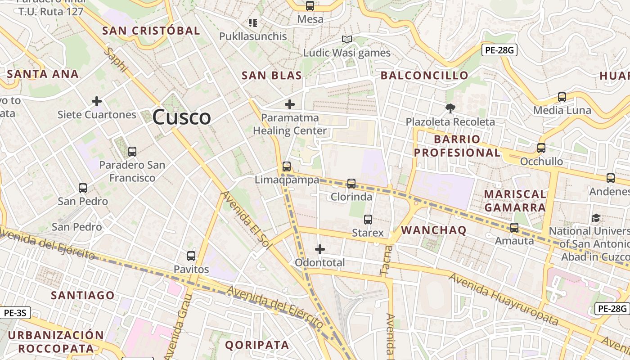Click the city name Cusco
[181, 117]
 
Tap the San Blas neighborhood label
[272, 75]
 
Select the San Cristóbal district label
[151, 31]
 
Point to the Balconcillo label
[424, 75]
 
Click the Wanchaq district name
[434, 230]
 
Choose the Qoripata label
[257, 345]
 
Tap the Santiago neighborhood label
[83, 295]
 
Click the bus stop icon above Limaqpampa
[286, 166]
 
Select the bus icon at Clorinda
[351, 184]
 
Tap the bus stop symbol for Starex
[368, 220]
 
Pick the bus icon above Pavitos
[191, 256]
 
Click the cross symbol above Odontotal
[320, 249]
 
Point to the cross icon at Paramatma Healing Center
[290, 105]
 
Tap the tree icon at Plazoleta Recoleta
[450, 108]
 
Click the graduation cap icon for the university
[596, 218]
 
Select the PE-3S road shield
[15, 312]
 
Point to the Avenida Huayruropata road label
[504, 299]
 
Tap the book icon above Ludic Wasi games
[346, 40]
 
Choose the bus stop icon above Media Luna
[562, 97]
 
